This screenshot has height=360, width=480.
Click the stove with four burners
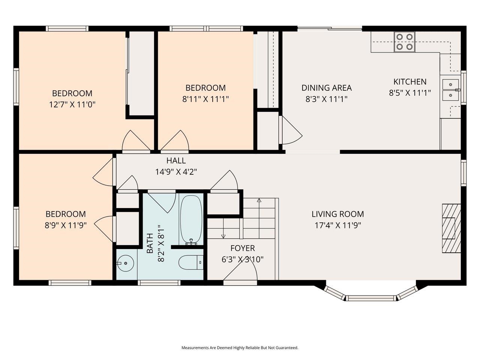pos(404,42)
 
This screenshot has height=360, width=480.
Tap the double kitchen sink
pos(450,90)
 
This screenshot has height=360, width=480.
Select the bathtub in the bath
pos(191,220)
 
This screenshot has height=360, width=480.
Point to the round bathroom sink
pos(125,263)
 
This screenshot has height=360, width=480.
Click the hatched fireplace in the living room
pos(451,228)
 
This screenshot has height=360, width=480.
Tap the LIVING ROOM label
pos(337,214)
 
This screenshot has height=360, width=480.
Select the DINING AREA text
pos(326,88)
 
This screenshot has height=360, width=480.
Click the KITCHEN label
pos(409,82)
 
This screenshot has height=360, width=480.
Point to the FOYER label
pos(243,248)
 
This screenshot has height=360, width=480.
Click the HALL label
pos(176,161)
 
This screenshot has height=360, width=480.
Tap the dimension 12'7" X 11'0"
pos(72,105)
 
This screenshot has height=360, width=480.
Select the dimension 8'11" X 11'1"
pos(205,99)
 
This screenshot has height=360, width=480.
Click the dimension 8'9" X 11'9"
pos(66,225)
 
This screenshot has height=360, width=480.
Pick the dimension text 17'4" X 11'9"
pos(337,225)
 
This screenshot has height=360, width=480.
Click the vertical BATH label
pos(150,243)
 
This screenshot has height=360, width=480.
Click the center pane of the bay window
pos(370,298)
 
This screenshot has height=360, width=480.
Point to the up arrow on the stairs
pos(259,201)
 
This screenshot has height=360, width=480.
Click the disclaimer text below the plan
pos(240,348)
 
